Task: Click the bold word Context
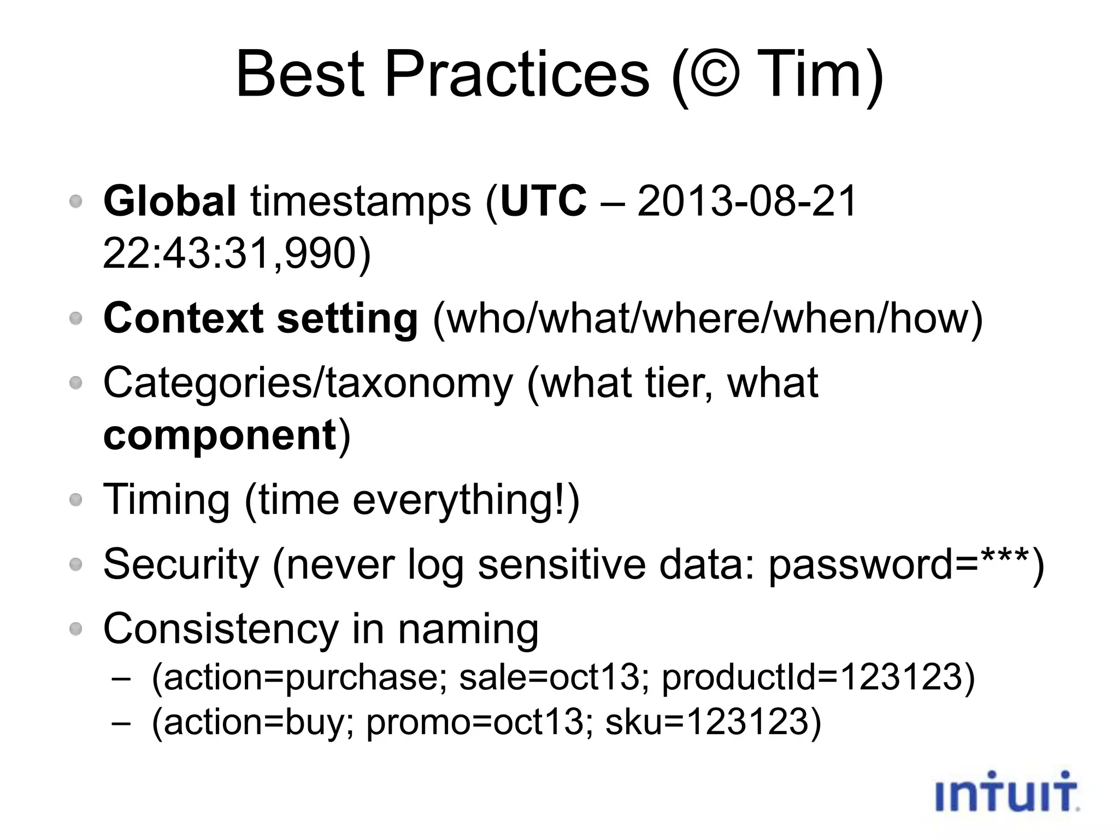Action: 183,318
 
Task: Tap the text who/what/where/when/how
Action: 708,318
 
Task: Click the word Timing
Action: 167,500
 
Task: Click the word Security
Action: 181,564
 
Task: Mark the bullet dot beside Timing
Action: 76,499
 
